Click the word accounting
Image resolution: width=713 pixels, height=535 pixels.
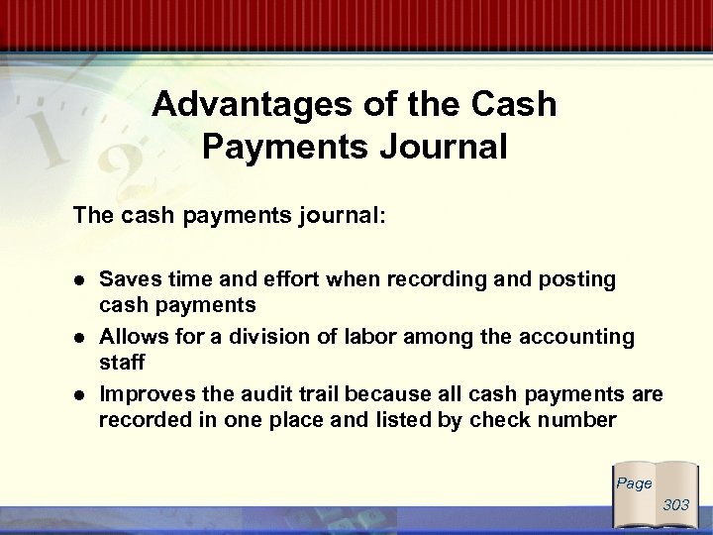coord(574,337)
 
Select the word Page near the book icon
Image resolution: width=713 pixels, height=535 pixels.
coord(634,483)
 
